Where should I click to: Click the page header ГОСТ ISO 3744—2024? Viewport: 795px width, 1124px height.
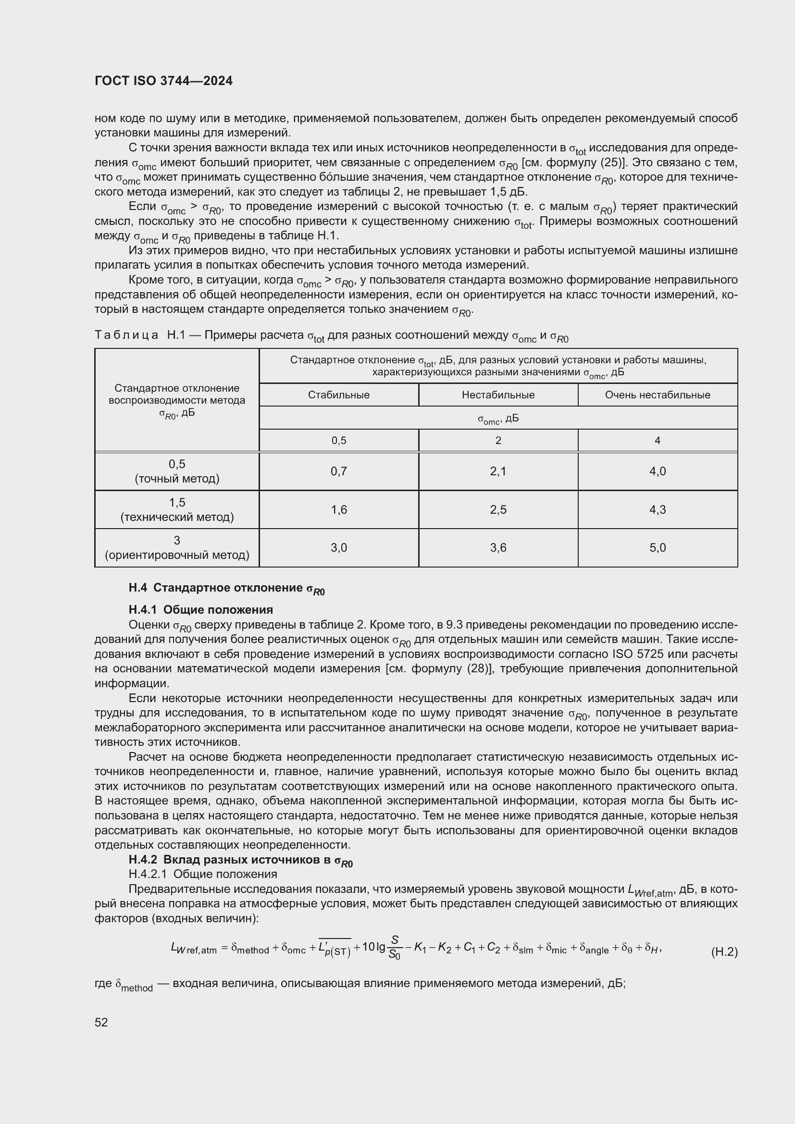(163, 81)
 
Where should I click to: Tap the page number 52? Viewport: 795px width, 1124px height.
(101, 1022)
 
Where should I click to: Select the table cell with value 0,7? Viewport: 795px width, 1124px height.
(339, 471)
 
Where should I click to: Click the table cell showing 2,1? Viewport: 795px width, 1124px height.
(498, 471)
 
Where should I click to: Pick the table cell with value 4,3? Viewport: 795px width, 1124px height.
(658, 509)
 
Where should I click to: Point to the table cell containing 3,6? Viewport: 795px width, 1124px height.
(498, 548)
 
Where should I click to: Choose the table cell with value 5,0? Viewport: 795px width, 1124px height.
(658, 548)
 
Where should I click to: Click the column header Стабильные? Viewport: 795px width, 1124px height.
(339, 395)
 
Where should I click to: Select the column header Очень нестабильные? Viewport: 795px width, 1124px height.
(658, 395)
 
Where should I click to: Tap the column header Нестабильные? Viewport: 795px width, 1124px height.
(498, 395)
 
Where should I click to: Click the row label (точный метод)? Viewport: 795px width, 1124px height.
(177, 479)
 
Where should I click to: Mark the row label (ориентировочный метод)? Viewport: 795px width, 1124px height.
(177, 555)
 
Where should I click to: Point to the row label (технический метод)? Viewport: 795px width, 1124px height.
(177, 517)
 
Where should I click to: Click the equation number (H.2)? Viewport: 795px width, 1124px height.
(724, 952)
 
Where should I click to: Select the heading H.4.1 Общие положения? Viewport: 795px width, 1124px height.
(201, 609)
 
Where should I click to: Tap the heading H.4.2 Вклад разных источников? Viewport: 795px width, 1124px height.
(240, 860)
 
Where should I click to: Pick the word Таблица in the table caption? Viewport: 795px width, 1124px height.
(126, 335)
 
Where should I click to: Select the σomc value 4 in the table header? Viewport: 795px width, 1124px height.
(658, 441)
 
